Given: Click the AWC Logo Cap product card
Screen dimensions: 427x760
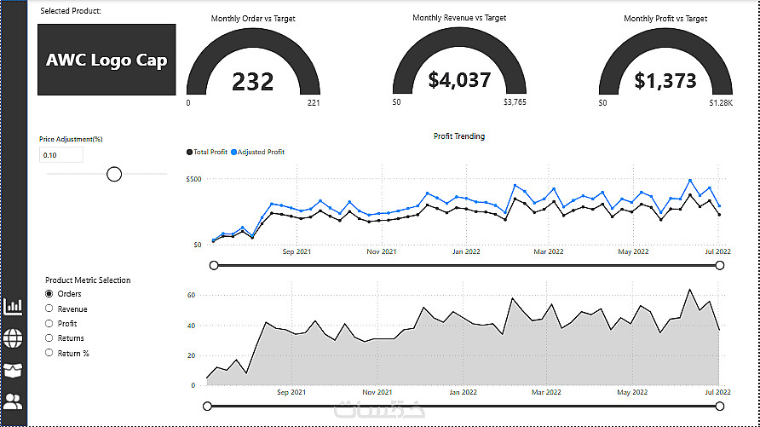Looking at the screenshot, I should coord(107,60).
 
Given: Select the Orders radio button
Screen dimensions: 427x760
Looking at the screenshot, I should coord(49,294).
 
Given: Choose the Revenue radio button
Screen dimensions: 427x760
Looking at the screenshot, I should coord(49,309).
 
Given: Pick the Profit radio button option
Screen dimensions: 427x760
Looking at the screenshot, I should coord(49,323).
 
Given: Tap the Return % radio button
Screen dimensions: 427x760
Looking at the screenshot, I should coord(49,352).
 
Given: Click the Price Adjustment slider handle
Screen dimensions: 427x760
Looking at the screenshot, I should coord(114,174).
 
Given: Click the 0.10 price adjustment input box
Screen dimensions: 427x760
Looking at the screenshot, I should coord(60,155).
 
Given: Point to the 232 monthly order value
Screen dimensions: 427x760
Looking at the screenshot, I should coord(253,82).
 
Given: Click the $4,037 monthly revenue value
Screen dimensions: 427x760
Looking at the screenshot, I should coord(459,80).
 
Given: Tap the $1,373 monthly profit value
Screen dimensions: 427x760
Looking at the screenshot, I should coord(665,81).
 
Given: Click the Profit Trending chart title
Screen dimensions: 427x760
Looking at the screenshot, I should coord(459,136).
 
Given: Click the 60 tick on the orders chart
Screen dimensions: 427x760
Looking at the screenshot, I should coord(191,294).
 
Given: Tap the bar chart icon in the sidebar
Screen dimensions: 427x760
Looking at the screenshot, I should coord(14,307).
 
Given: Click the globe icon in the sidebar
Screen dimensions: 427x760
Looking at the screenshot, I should coord(14,338).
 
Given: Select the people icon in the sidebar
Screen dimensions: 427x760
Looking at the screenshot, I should coord(14,402).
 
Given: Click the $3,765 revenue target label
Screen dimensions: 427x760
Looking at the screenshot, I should coord(515,103).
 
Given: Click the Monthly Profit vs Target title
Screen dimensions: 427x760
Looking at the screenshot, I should coord(665,19).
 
